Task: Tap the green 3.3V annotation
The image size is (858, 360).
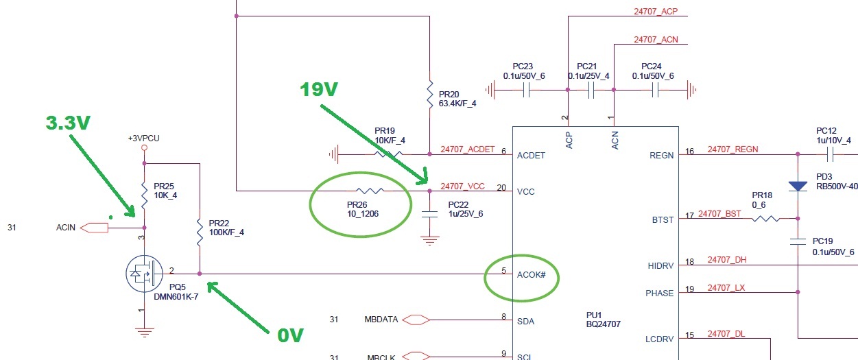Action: click(68, 122)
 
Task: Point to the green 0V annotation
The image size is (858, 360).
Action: click(291, 335)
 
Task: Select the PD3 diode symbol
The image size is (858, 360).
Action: click(798, 186)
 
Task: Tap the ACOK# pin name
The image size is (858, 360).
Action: click(531, 274)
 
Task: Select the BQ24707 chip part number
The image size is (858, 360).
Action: click(603, 324)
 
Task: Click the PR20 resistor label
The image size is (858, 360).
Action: click(449, 94)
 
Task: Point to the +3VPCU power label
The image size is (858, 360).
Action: click(143, 137)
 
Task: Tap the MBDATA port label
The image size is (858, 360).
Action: click(378, 319)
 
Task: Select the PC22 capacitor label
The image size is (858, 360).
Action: click(459, 204)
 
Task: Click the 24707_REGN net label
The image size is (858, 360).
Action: click(732, 149)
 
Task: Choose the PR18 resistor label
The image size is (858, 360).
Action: click(762, 195)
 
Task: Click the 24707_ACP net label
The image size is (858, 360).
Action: click(656, 12)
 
